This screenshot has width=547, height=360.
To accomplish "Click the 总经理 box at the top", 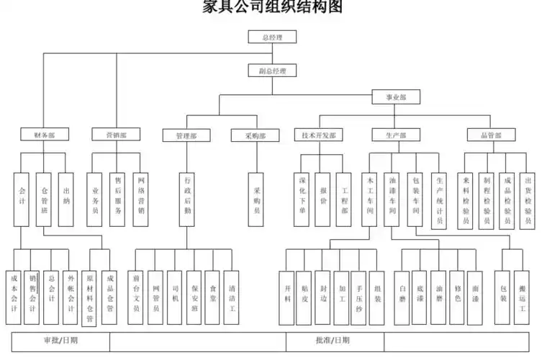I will click(272, 37).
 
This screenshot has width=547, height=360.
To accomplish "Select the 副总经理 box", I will click(272, 71).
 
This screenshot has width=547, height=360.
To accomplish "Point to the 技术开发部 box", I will click(318, 135).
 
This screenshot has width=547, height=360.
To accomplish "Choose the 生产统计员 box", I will click(439, 199).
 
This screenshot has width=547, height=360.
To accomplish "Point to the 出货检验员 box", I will click(528, 199).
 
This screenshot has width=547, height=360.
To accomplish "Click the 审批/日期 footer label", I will click(60, 340).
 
